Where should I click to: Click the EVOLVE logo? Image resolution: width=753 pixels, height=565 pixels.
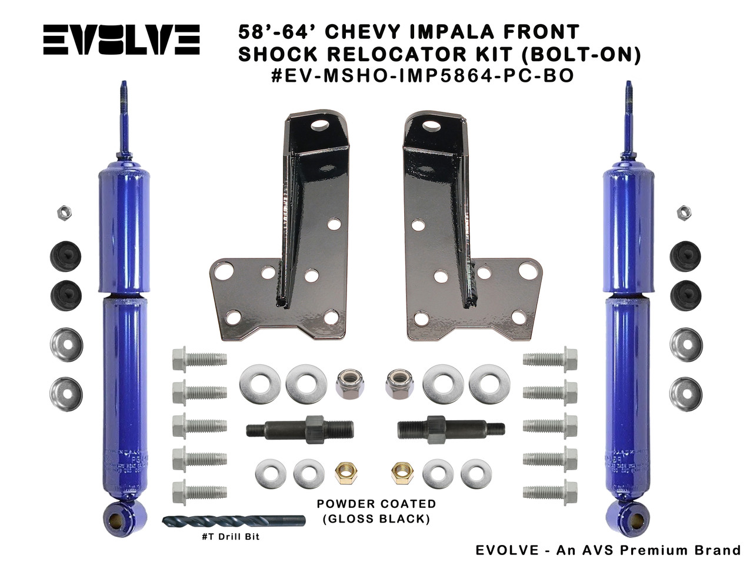click(121, 39)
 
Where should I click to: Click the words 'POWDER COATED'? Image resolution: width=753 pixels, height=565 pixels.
click(376, 504)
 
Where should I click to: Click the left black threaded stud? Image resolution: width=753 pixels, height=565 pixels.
click(301, 426)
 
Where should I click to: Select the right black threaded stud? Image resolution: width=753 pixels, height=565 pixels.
click(451, 427)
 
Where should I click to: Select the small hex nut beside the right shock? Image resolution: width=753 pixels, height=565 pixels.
click(684, 212)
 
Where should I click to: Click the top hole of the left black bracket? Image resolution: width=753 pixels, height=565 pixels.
click(321, 125)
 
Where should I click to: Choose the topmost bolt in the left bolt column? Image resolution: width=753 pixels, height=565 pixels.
click(199, 359)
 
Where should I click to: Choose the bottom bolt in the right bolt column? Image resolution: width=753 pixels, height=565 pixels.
click(551, 491)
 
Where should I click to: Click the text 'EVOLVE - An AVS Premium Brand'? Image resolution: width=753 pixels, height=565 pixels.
click(608, 550)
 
